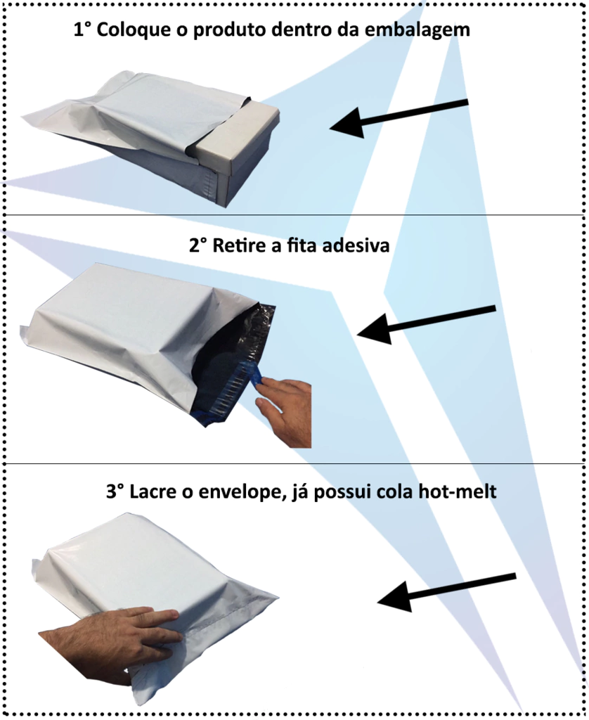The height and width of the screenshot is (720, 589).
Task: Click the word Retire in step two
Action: coord(240,245)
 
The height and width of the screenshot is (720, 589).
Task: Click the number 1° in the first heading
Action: coord(83,30)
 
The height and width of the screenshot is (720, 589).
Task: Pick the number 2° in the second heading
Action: coord(198,245)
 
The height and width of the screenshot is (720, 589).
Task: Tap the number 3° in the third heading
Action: coord(115,491)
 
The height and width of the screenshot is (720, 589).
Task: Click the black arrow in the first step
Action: coord(399,118)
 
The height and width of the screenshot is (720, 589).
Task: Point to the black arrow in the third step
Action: coord(447,591)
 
